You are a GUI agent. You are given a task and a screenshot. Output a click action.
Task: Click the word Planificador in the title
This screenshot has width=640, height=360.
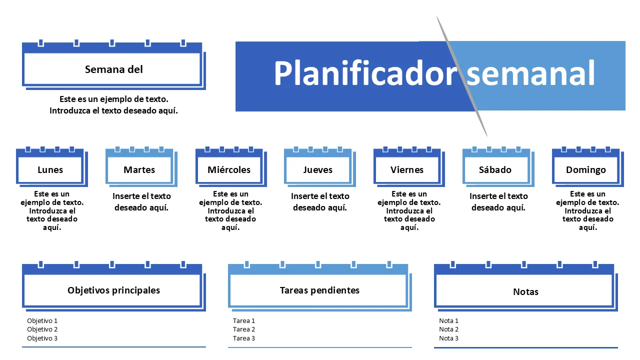point(365,73)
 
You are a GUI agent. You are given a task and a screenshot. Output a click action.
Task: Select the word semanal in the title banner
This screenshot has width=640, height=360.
point(531,73)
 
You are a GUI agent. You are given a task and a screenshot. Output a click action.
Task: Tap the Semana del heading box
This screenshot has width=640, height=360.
point(113,69)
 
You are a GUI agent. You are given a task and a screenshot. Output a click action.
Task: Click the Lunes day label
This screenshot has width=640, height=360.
point(50,170)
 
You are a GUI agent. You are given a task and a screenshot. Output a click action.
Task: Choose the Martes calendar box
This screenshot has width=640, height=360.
point(139,170)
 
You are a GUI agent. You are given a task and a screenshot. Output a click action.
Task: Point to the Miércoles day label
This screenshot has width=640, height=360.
point(229,170)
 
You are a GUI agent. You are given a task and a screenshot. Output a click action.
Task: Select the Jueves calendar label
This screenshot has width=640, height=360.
point(317,170)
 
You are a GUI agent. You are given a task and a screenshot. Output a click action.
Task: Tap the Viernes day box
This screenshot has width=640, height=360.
point(407,170)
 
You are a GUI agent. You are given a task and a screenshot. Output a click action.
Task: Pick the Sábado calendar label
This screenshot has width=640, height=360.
point(495,170)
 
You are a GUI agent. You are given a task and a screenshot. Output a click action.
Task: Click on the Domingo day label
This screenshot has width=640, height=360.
point(585,170)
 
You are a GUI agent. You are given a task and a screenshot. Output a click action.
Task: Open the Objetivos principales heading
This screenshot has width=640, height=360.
point(113,290)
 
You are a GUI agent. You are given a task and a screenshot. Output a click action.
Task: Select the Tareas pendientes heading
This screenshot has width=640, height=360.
point(319,290)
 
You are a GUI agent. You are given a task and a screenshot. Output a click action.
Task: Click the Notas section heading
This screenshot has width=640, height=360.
point(525,291)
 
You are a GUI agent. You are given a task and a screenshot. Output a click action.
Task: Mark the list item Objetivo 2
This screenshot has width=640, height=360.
point(42,329)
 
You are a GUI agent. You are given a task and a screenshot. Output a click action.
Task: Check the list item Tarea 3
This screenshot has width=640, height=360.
point(244,338)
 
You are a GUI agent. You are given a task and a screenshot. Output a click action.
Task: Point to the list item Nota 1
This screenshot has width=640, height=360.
point(448,321)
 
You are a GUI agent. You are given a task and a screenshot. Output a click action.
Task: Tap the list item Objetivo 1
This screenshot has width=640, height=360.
point(42,321)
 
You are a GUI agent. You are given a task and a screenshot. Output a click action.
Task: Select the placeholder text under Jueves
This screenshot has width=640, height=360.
point(320,202)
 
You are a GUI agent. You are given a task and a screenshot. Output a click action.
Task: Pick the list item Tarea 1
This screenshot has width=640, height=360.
point(244,321)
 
